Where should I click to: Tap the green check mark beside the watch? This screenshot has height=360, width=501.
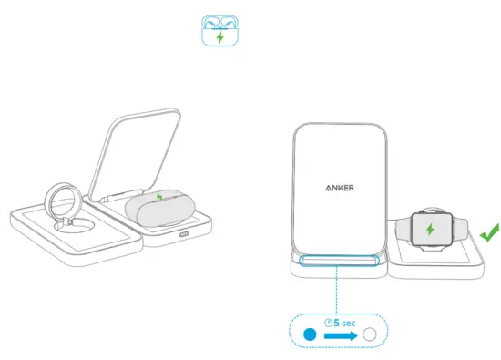click(490, 231)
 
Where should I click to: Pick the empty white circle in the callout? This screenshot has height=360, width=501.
click(369, 334)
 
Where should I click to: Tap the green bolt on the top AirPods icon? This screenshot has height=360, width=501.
click(219, 37)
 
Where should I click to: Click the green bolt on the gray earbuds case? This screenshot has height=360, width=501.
click(161, 196)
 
